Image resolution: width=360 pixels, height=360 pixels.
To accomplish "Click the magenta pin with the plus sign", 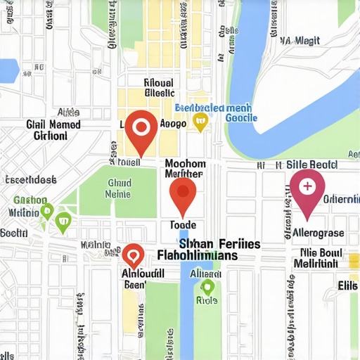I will tap(307, 188).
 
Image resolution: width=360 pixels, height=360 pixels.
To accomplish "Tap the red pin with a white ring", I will tap(141, 129).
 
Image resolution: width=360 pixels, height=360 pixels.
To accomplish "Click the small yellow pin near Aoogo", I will tap(201, 124).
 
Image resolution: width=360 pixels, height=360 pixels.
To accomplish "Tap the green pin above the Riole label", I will tap(207, 286).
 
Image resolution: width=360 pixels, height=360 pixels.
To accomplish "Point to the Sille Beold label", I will tap(311, 165).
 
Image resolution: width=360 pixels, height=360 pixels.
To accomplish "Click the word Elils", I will tap(347, 285).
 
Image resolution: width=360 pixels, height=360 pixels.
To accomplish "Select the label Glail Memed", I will tap(53, 124).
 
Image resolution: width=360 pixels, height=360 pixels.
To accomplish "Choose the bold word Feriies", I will tap(230, 243).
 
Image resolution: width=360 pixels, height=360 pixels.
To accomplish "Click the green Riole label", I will tap(207, 300).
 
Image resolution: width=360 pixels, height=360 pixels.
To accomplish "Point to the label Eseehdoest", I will tap(30, 179).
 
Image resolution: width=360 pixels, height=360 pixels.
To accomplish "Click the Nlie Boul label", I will tap(320, 252).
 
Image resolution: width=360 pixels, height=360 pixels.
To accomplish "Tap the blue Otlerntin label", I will tap(340, 199).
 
